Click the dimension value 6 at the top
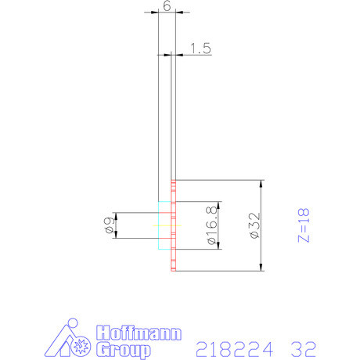click(x=166, y=5)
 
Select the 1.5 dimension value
click(x=200, y=49)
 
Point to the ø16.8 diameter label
click(x=211, y=225)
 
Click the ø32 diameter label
click(x=252, y=225)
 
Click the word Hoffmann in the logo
click(x=139, y=332)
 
